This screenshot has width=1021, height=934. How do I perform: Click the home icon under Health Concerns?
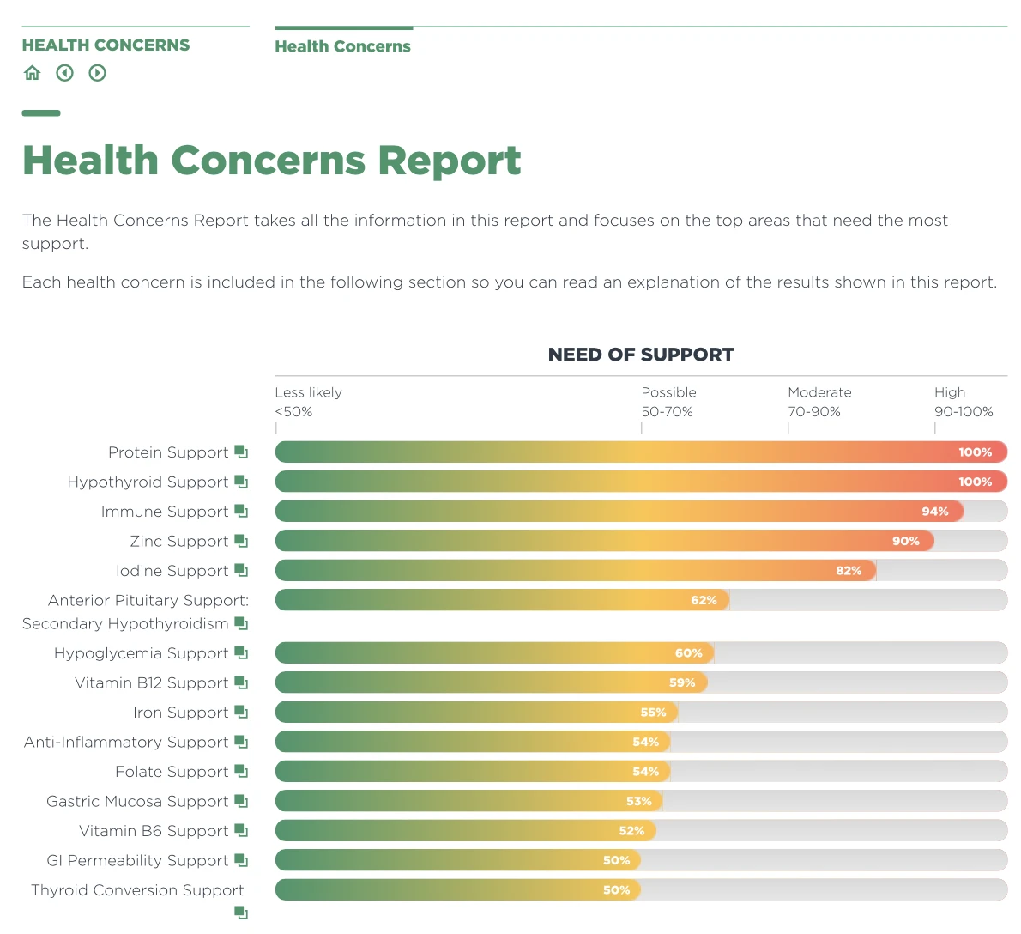click(32, 73)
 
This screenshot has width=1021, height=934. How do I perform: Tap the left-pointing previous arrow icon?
click(64, 73)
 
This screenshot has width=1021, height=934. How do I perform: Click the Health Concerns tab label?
click(342, 46)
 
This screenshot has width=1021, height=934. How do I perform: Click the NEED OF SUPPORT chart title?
click(641, 355)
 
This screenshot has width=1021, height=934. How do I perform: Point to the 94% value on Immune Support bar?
click(934, 512)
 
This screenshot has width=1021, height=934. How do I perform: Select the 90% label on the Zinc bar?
click(905, 541)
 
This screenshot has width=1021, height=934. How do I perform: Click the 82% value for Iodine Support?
click(849, 571)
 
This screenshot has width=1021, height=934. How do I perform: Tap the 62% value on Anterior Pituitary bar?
click(704, 600)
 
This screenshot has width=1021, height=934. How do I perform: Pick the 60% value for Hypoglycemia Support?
click(688, 653)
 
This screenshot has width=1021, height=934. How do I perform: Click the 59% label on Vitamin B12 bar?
click(682, 683)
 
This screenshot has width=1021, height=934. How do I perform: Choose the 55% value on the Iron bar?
click(653, 713)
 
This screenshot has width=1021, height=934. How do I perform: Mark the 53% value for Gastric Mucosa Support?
click(638, 801)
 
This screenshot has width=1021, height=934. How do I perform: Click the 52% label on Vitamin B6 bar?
click(631, 831)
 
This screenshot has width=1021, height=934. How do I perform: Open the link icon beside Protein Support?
click(241, 452)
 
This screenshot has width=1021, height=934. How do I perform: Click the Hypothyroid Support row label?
click(148, 482)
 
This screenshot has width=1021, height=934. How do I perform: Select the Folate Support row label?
click(172, 772)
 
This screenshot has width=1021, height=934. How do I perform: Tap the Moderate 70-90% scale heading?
click(819, 402)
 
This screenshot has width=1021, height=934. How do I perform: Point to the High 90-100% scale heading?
click(963, 402)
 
